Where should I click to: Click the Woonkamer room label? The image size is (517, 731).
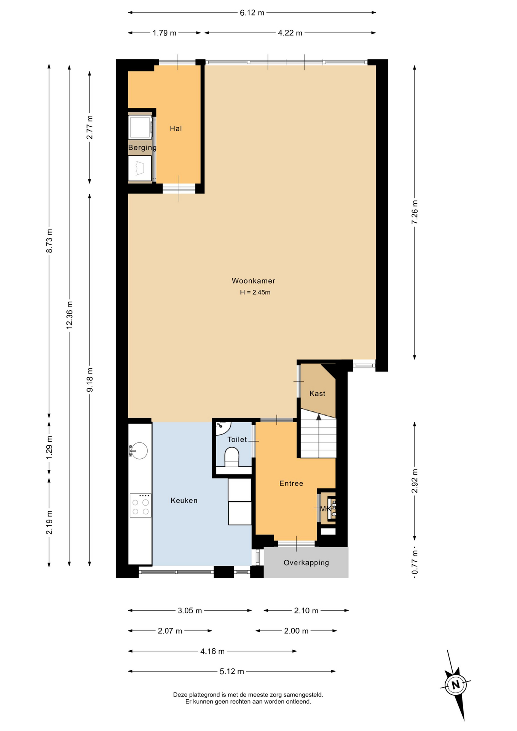(253, 281)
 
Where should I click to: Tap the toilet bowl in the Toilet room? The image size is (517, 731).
(232, 457)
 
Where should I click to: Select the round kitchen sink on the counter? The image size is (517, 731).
(139, 451)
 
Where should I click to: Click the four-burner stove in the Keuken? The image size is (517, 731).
(140, 505)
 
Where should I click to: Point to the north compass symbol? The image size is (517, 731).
(456, 685)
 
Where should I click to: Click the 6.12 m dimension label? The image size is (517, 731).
(252, 13)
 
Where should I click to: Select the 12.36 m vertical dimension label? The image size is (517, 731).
(69, 314)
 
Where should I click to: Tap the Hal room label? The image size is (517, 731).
(176, 129)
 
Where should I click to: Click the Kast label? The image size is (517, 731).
(317, 394)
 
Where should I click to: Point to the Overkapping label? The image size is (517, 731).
(306, 563)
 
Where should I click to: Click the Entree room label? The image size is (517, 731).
(291, 484)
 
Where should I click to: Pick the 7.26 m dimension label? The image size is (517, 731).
(415, 212)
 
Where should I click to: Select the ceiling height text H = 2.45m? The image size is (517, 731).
(255, 292)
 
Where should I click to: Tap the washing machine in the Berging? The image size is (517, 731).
(140, 127)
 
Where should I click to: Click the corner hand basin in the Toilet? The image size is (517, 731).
(222, 427)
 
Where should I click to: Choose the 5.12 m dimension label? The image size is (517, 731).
(232, 672)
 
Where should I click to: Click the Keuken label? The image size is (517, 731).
(184, 501)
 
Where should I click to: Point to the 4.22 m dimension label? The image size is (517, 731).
(290, 33)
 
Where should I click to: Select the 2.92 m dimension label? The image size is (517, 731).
(415, 481)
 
